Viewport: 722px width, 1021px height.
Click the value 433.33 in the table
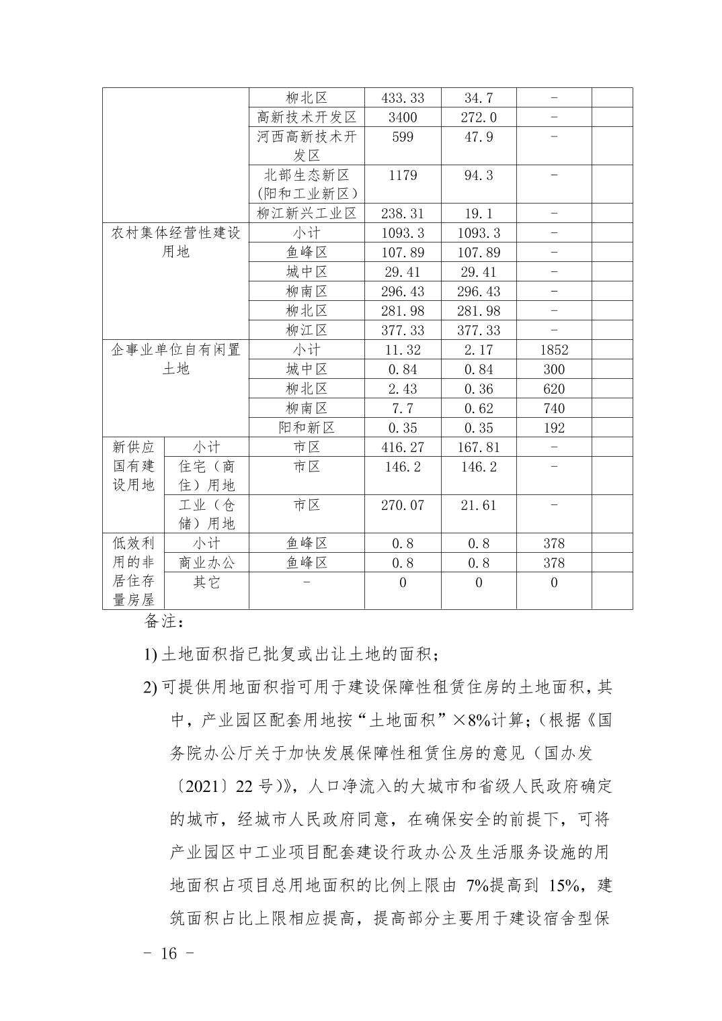[402, 98]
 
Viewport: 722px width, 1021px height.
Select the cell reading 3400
[402, 118]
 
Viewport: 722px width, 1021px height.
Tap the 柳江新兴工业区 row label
[306, 214]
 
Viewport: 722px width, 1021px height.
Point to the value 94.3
[478, 175]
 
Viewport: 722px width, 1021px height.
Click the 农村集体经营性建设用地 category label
[175, 242]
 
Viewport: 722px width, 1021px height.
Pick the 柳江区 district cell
[306, 330]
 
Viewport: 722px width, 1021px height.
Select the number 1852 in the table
[554, 350]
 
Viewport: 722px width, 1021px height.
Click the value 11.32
[402, 350]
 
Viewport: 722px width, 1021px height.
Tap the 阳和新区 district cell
[306, 428]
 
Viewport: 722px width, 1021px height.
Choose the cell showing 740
[554, 408]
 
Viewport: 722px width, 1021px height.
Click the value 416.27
[402, 447]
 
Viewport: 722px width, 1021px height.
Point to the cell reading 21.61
[478, 505]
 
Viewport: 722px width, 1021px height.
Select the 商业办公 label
[206, 563]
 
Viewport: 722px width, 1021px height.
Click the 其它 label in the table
[206, 582]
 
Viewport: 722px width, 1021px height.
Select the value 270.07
[402, 505]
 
